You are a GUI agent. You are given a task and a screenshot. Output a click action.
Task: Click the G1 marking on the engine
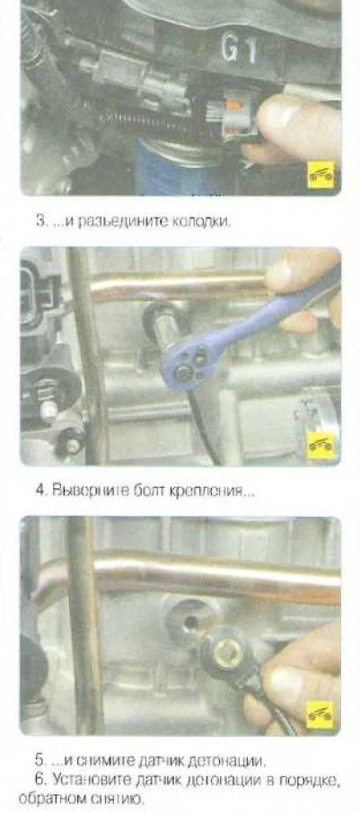(x=240, y=49)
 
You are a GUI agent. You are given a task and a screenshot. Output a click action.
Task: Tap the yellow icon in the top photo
(x=321, y=175)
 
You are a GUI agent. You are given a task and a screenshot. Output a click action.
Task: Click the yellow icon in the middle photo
(x=321, y=444)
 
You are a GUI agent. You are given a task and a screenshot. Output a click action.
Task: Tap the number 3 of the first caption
(x=40, y=221)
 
